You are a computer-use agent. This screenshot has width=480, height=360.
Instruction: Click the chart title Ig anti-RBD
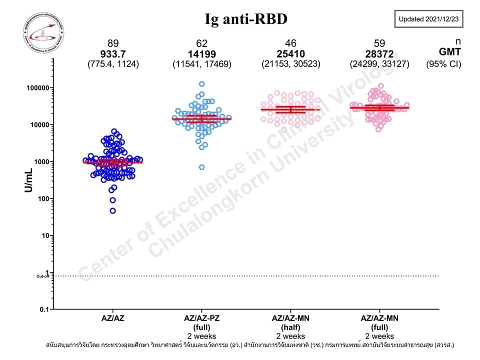[x=246, y=19]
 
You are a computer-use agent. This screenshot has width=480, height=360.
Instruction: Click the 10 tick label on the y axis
[x=43, y=235]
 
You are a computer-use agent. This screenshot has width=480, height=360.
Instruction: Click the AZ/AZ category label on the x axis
[x=113, y=318]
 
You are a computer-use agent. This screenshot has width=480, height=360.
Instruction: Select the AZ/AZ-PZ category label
[x=202, y=318]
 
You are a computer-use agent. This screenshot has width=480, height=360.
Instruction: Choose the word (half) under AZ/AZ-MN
[x=291, y=327]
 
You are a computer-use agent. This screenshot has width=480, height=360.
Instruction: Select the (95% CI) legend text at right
[x=444, y=63]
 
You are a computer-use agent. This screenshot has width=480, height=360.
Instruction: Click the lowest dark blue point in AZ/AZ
[x=113, y=210]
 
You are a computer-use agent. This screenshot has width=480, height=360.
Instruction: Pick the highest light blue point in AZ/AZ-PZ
[x=202, y=84]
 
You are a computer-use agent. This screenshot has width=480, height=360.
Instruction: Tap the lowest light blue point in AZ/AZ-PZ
[x=202, y=167]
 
